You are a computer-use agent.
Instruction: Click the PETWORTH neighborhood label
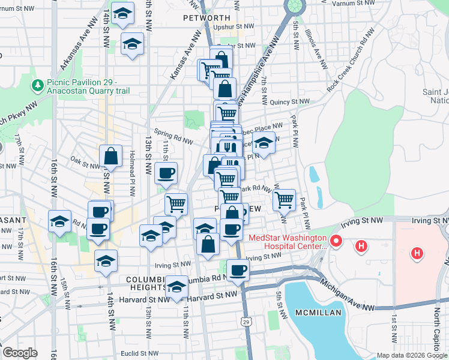(x=206, y=18)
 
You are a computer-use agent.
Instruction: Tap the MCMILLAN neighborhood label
(x=318, y=313)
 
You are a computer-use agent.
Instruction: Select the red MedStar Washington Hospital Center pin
(x=336, y=242)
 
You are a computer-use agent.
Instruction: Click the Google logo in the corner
(x=20, y=353)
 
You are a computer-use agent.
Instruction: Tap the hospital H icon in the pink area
(x=417, y=254)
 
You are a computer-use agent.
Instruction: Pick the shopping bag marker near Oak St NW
(x=112, y=157)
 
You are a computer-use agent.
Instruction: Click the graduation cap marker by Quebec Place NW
(x=263, y=143)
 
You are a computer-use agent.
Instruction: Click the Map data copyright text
(x=412, y=355)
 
